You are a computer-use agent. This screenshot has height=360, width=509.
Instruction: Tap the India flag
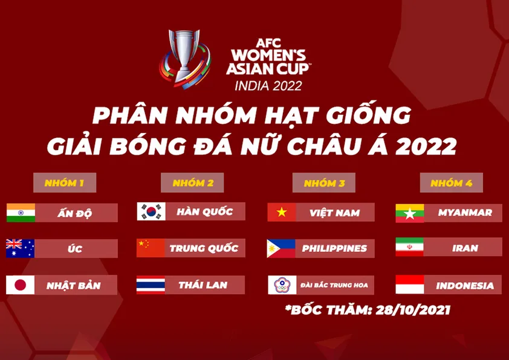21,212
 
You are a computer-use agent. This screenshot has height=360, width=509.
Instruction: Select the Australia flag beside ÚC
21,249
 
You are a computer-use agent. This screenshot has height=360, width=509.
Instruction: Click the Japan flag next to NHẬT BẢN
21,285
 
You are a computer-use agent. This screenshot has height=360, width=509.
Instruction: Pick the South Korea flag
151,211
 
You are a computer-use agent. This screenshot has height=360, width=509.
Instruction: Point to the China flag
151,248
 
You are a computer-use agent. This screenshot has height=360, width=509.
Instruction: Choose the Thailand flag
151,285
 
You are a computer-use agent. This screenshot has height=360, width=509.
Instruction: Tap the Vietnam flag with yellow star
282,212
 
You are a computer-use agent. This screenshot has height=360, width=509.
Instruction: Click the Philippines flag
282,249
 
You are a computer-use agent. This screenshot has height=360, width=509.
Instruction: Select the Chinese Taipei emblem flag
282,285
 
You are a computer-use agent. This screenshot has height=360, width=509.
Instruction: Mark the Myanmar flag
409,212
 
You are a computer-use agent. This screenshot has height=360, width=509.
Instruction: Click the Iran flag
409,247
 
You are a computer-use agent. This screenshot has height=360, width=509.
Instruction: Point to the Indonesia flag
409,284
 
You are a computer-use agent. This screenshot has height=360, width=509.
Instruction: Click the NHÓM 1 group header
64,183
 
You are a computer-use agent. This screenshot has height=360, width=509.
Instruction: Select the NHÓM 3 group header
324,183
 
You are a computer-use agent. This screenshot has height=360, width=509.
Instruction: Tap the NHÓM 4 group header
450,183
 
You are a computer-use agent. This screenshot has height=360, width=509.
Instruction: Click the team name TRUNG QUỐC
204,248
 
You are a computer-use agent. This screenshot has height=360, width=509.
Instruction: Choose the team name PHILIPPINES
334,249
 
